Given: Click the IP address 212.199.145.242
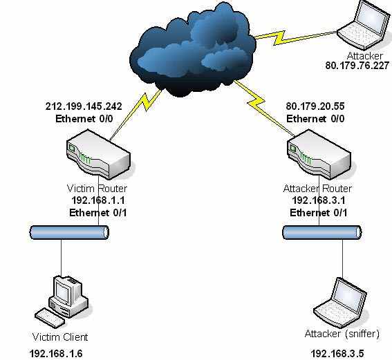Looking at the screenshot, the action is pos(84,106).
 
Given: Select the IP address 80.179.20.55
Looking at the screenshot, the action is pos(315,106).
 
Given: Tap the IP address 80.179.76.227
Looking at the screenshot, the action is pos(357,66).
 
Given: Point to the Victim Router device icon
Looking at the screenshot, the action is pos(98,154).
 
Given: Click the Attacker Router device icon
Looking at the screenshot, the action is pos(319,154).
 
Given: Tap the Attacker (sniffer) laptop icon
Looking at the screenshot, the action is pos(341,303).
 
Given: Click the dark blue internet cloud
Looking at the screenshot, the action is pos(193,50).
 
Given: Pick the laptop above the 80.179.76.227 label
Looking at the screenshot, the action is pos(364,25).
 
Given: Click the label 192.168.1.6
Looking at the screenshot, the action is pos(56,354).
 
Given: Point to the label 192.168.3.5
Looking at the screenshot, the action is pos(337,354).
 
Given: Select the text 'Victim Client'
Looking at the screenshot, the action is pos(60,337).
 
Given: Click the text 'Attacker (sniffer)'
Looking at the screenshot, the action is pos(342,334).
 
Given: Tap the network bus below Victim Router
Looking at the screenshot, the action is pos(69,233).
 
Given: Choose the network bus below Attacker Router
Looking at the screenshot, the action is pos(322,233).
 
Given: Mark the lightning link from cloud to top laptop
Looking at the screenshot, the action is pos(295,37).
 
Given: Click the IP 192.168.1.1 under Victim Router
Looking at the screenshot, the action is pos(98,200).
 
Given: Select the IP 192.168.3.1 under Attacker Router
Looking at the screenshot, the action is pos(319,200).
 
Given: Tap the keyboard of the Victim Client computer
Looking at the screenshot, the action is pos(50,318).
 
